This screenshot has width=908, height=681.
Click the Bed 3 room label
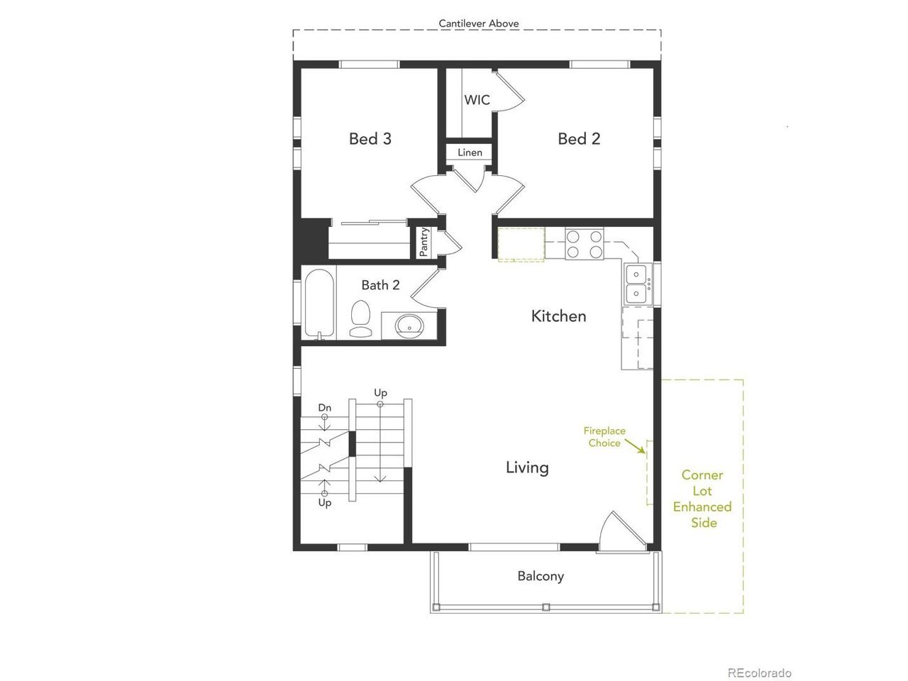point(370,139)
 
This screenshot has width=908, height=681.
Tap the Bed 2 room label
point(579,139)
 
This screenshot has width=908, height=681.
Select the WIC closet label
point(477,99)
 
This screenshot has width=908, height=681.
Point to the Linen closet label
point(470,153)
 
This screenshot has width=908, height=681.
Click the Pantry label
point(423,242)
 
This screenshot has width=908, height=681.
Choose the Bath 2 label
point(380,285)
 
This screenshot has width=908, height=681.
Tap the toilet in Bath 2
point(360,319)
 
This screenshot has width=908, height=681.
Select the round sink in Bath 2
point(409,325)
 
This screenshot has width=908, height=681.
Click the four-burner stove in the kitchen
point(585,244)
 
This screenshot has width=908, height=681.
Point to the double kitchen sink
point(638,284)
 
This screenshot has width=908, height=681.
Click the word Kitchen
point(558,316)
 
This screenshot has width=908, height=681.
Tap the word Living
point(527,467)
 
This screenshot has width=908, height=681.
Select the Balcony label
point(541,577)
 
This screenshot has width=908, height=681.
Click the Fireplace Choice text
point(604,437)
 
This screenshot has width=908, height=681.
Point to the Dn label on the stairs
point(324,408)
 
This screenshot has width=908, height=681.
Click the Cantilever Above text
point(479,23)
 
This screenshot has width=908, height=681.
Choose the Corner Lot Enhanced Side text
point(702,499)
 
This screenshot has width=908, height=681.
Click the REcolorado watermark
point(759,662)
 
